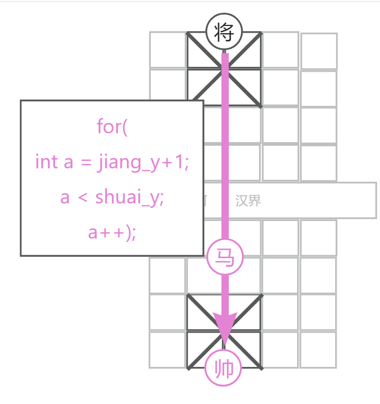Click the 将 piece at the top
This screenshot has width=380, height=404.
224,32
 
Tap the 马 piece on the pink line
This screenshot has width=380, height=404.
225,257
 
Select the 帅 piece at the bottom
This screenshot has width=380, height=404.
224,369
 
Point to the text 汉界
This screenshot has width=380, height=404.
248,201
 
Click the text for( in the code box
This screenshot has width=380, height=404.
112,127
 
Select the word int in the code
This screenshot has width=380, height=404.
46,162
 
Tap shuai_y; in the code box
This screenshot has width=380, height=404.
129,198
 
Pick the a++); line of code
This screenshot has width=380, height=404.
112,233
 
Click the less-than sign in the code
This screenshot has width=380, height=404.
82,198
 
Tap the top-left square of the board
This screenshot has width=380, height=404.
167,50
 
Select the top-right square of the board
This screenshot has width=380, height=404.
319,51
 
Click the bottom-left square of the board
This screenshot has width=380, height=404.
167,349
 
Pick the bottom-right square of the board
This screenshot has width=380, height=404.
318,349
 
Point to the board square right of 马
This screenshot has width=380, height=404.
280,275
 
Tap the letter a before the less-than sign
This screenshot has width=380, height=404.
65,198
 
